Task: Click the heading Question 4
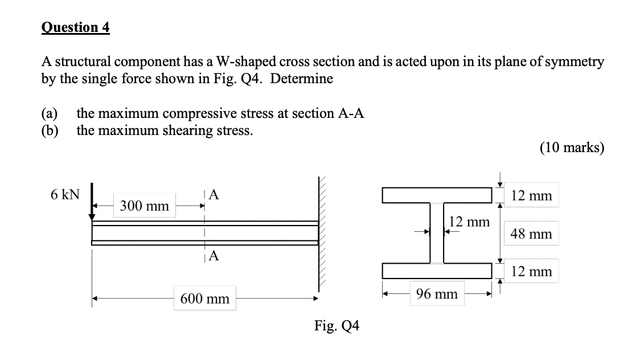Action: [x=76, y=27]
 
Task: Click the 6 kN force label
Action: [x=64, y=195]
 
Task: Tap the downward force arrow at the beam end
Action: [x=90, y=207]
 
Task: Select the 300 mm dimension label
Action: [x=145, y=207]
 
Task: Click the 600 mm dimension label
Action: [x=205, y=298]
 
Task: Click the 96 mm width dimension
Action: [x=437, y=294]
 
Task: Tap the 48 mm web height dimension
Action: [x=531, y=234]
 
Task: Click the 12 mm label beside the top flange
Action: [x=531, y=196]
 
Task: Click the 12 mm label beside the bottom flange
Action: [x=531, y=272]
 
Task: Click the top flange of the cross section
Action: [x=437, y=196]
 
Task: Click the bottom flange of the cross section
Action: [x=437, y=271]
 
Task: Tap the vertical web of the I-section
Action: [x=437, y=234]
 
